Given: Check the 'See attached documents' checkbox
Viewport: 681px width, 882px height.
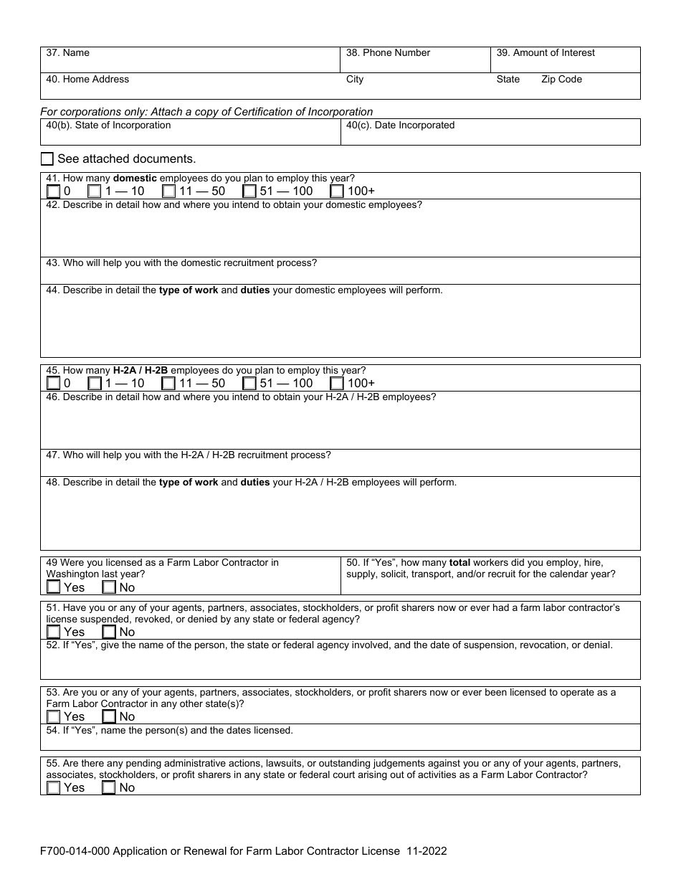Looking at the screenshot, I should point(47,158).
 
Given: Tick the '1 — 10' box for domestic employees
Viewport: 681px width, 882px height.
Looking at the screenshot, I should point(95,191).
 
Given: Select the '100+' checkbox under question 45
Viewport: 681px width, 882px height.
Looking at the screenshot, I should point(337,384).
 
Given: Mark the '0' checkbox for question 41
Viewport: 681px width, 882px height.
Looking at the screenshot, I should point(54,191).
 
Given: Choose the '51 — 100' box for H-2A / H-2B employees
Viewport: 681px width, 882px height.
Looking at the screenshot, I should point(249,384).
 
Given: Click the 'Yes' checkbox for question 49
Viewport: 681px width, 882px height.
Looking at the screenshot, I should point(54,587).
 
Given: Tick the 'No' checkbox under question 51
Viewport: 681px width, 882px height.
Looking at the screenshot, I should point(109,632).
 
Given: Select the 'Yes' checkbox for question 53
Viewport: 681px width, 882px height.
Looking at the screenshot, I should point(54,716).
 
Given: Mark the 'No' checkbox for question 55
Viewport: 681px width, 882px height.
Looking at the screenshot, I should point(109,787).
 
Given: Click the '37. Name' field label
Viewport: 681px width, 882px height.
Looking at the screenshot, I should point(67,53).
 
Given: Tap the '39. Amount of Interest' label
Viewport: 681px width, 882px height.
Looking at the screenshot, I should point(546,53).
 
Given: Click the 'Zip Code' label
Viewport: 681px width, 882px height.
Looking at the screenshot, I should point(561,80).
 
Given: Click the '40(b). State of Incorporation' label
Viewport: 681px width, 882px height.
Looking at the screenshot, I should point(108,125).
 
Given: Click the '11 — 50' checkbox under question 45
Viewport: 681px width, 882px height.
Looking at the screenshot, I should point(169,384).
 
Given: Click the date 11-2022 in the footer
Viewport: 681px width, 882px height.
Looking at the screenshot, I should point(426,851).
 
